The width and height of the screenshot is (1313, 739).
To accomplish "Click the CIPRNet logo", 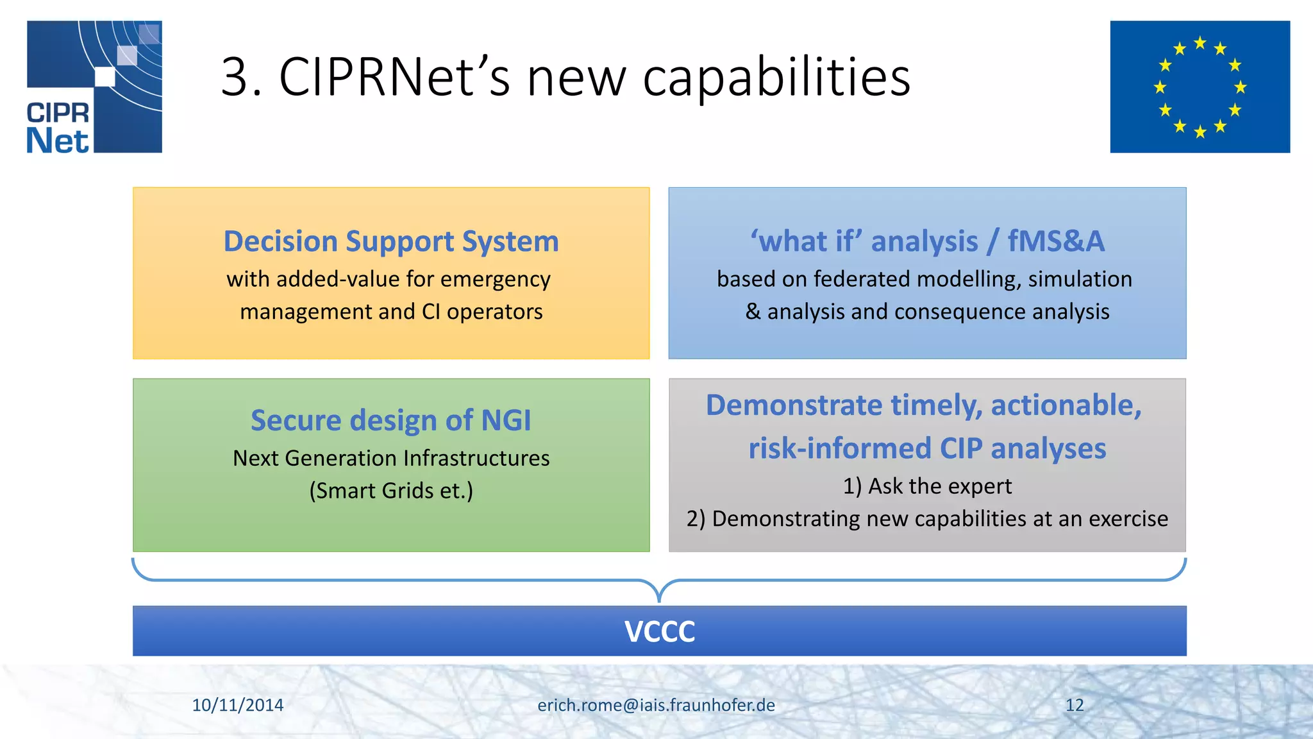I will tap(94, 87).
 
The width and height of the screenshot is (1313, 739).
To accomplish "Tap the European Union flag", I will tap(1200, 87).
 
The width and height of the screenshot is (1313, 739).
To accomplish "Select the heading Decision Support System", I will tap(391, 242).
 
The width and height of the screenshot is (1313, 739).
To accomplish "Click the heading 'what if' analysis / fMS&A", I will tap(927, 242).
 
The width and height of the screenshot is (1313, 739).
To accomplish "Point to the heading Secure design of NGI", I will tap(391, 421).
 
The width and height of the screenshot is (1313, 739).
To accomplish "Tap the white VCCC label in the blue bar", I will tap(659, 631).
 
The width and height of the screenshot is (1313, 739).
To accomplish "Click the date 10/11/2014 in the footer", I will tap(238, 705).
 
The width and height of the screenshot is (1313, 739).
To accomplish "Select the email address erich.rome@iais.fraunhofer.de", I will tap(656, 705).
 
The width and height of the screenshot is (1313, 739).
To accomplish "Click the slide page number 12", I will tap(1075, 705).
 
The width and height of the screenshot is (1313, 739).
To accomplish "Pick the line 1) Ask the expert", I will tap(927, 486).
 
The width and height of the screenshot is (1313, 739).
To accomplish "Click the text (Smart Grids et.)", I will tap(391, 491).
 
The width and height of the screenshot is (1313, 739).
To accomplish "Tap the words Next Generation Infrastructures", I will tap(391, 458).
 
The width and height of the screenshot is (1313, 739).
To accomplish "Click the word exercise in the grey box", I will tap(1128, 518).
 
